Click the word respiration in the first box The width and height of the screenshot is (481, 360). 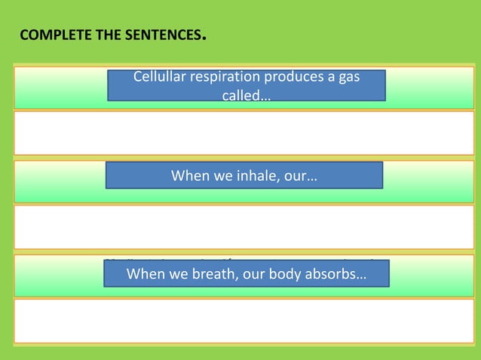click(x=223, y=77)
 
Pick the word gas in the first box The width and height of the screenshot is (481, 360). click(x=348, y=77)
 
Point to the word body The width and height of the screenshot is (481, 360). click(x=280, y=274)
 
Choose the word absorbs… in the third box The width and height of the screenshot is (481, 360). click(x=334, y=274)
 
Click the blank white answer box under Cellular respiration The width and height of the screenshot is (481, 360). click(x=244, y=133)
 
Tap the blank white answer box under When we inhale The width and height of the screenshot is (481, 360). click(x=244, y=226)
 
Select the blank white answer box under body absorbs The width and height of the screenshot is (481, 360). click(x=244, y=320)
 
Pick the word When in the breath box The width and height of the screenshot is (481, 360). click(x=145, y=274)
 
